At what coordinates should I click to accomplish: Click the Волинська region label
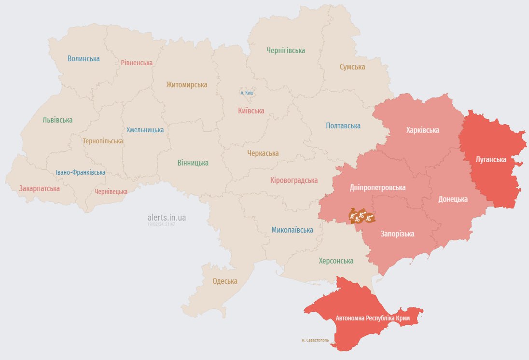(84, 59)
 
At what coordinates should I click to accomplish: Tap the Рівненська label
(137, 63)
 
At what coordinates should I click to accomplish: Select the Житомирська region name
(186, 85)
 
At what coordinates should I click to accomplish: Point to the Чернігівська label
(286, 50)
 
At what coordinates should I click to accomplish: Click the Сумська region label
(352, 67)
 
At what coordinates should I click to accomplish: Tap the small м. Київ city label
(247, 93)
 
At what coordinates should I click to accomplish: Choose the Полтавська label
(343, 126)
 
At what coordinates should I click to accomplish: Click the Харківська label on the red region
(422, 130)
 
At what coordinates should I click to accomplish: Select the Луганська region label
(490, 159)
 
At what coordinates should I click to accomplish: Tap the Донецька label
(453, 199)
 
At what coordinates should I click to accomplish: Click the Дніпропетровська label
(377, 188)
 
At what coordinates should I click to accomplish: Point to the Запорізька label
(397, 234)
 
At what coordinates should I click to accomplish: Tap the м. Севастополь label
(315, 340)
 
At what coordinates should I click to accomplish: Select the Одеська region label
(225, 281)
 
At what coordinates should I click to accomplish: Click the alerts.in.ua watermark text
(167, 218)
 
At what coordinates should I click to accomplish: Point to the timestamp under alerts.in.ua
(161, 224)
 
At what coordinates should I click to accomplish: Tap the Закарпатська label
(40, 189)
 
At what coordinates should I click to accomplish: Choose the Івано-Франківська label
(80, 172)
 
